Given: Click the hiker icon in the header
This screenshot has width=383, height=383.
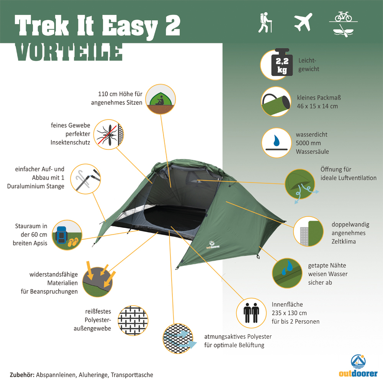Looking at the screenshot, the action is click(265, 23).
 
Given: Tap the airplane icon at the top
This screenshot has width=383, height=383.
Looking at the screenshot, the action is click(303, 22).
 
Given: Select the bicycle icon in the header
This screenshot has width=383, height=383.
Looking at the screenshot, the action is click(343, 16).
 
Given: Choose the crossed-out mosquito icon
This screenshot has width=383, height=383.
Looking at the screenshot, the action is click(108, 134).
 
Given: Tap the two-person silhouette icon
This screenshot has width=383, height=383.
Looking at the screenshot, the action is click(251, 313).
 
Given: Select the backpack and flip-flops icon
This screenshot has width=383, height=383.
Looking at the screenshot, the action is click(67, 235).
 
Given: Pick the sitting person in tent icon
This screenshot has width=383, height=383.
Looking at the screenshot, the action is click(160, 99).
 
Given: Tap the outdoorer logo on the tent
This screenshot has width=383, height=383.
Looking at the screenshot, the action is click(213, 245).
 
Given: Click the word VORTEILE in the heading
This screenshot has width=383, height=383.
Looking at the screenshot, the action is click(69, 52).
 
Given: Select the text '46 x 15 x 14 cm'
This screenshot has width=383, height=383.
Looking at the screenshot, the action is click(317, 106).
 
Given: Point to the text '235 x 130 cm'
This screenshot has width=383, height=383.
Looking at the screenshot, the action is click(289, 313).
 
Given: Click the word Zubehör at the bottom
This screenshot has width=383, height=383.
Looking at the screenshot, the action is click(22, 375).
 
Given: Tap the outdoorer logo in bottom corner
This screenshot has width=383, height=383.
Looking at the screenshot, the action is click(358, 366).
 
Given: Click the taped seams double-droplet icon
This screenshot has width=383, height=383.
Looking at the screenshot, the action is click(287, 273).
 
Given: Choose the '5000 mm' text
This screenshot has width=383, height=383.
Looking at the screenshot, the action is click(308, 143).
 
